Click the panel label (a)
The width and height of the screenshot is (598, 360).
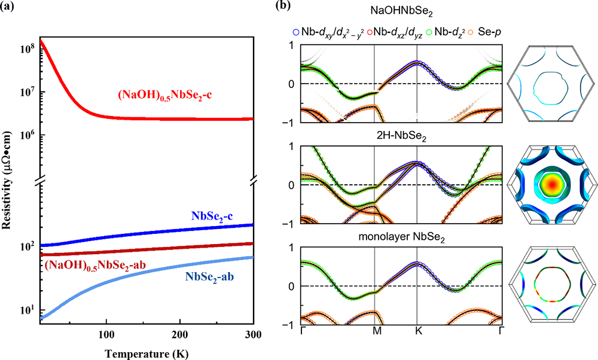click(10, 7)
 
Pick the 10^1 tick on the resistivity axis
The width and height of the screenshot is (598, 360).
click(28, 310)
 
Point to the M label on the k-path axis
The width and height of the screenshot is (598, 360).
click(374, 332)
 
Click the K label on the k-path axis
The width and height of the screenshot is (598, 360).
click(417, 332)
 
